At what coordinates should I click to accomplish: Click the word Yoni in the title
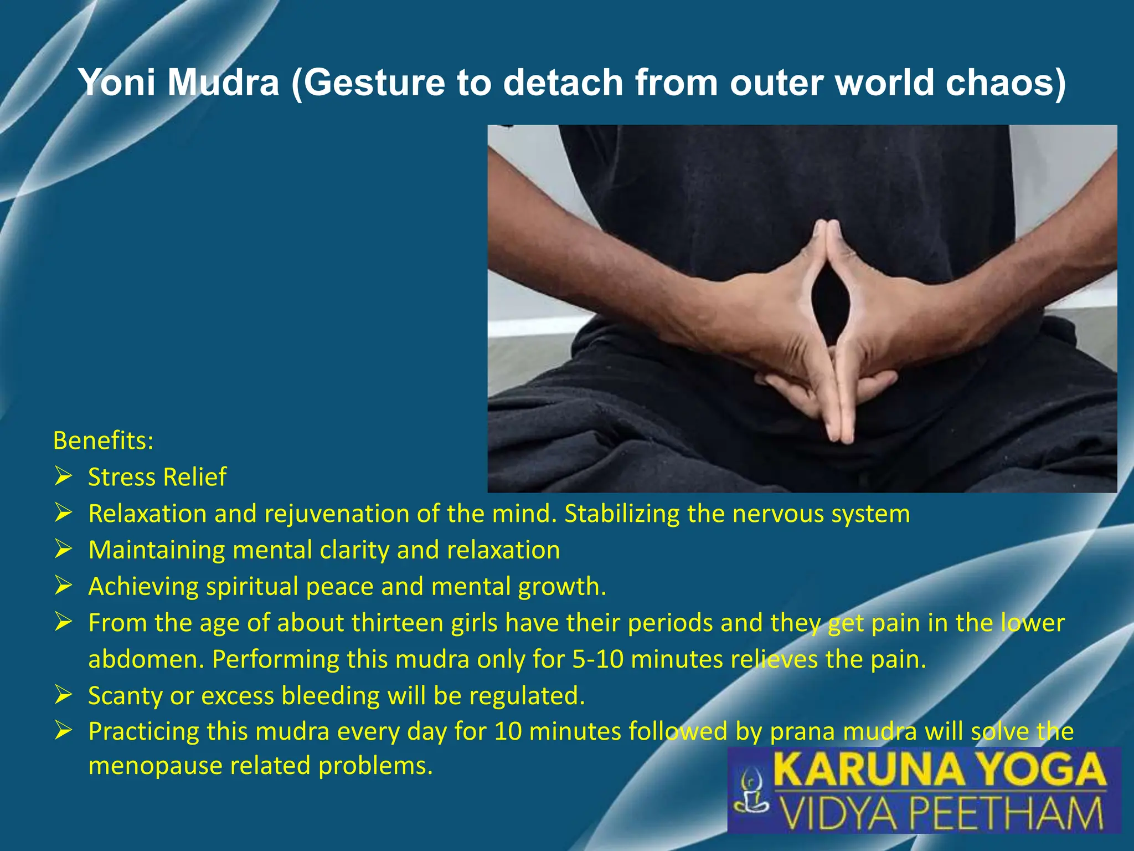pyautogui.click(x=117, y=83)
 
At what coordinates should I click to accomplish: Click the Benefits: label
pyautogui.click(x=103, y=441)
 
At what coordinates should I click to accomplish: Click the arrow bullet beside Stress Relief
pyautogui.click(x=64, y=476)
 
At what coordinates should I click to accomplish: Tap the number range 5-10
pyautogui.click(x=597, y=659)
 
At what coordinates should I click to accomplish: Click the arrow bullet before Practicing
pyautogui.click(x=64, y=731)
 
